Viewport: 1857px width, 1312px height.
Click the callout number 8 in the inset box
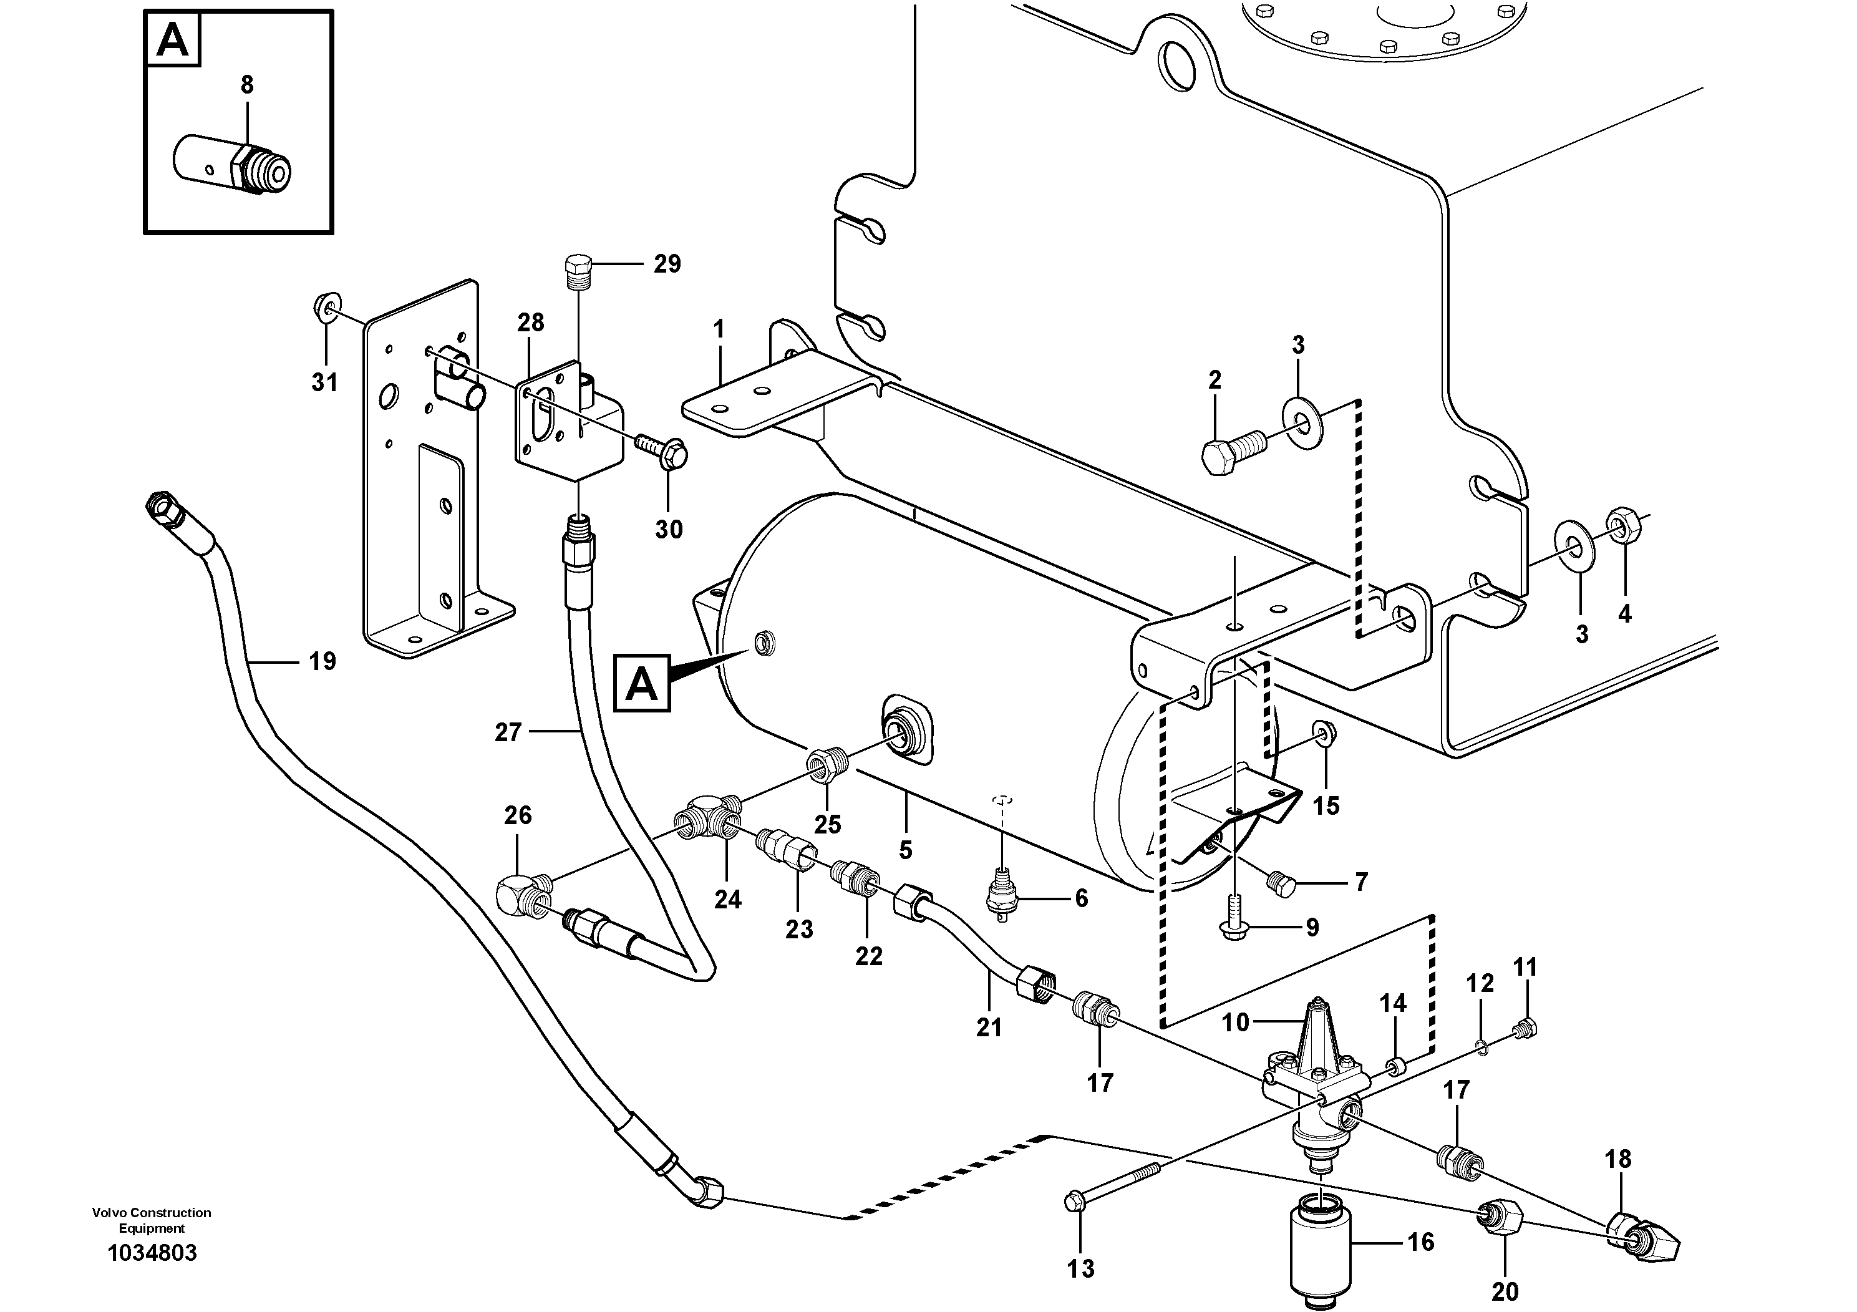(x=246, y=84)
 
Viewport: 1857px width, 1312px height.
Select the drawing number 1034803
(x=152, y=1253)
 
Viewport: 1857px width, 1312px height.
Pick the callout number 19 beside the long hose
(x=322, y=662)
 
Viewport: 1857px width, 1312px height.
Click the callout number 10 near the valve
(x=1235, y=1023)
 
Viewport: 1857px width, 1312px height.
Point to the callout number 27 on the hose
(x=508, y=733)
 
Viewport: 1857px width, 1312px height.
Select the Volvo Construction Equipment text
(x=152, y=1220)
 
